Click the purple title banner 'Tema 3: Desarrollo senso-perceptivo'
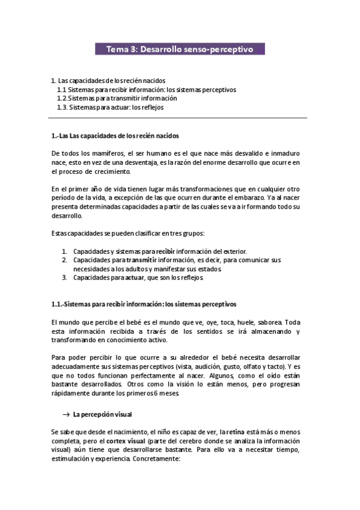coord(180,49)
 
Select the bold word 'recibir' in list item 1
coord(165,251)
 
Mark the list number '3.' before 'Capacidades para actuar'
coord(65,278)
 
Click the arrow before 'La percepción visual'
coord(67,414)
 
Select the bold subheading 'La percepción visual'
coord(102,414)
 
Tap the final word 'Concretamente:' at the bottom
coord(151,459)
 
